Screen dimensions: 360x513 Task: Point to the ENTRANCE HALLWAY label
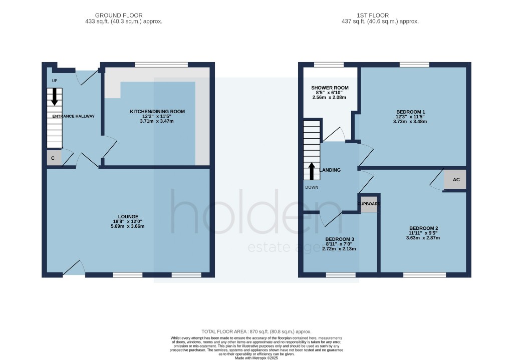click(x=71, y=116)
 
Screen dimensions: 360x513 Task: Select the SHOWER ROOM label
click(x=330, y=88)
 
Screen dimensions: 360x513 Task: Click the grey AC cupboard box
click(x=455, y=179)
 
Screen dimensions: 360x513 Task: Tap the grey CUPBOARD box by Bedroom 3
click(x=369, y=205)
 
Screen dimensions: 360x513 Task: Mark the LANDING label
click(x=331, y=170)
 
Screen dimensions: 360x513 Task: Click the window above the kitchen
click(x=161, y=64)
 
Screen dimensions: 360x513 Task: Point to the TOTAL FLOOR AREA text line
click(x=256, y=331)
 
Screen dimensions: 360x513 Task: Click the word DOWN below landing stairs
click(x=312, y=187)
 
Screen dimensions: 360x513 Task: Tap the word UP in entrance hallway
click(x=55, y=81)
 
